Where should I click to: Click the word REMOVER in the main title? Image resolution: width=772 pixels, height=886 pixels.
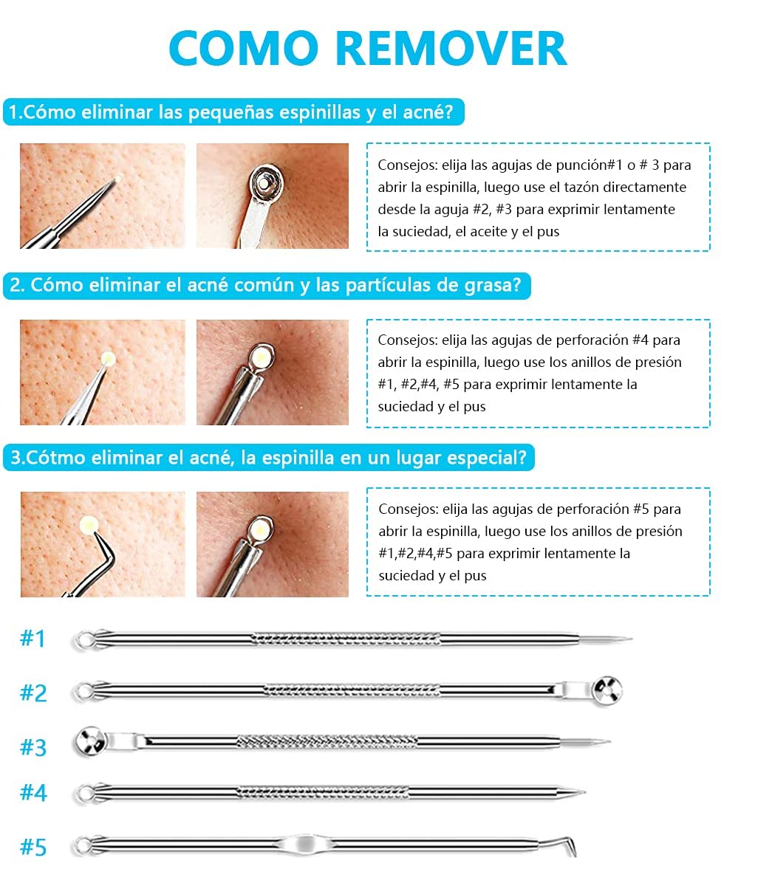click(x=451, y=48)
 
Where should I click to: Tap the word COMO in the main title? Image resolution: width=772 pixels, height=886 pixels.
click(x=244, y=48)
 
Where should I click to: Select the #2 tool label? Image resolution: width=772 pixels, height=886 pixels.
click(x=33, y=693)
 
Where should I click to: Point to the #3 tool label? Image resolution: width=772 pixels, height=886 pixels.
click(x=33, y=747)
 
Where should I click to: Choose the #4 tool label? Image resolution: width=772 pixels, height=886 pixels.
click(x=33, y=792)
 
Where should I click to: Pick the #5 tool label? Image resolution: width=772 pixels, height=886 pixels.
click(x=33, y=847)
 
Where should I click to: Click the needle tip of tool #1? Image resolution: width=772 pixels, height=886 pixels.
click(x=630, y=639)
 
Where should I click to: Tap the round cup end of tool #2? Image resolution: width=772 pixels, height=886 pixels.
click(x=607, y=690)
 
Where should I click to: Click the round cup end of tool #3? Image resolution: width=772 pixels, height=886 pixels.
click(x=91, y=741)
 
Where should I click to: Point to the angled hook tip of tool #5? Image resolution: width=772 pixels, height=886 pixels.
click(x=575, y=854)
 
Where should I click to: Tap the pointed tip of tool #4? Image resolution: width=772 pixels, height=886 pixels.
click(x=584, y=792)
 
